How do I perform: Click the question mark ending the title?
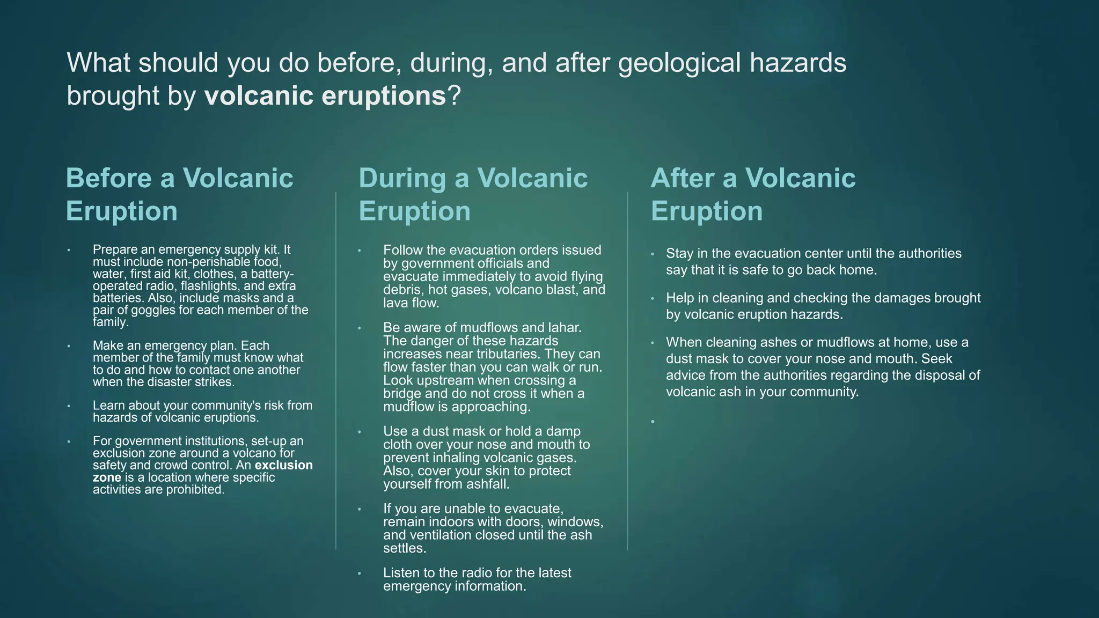pos(454,96)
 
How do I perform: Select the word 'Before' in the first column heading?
pos(108,178)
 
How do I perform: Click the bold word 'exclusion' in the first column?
pos(283,465)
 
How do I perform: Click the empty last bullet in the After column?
pos(653,422)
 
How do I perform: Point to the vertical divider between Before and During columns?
pos(336,370)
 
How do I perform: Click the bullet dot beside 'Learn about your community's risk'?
pos(69,406)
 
